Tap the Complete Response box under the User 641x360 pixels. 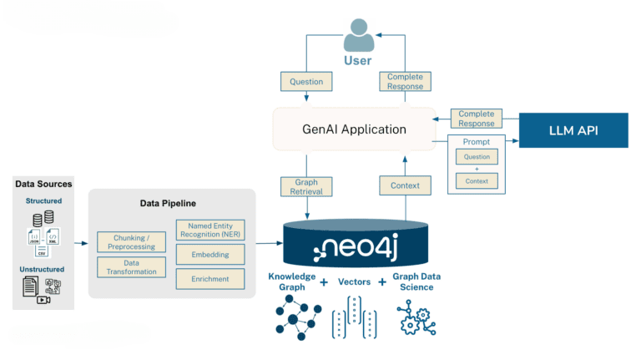(x=406, y=82)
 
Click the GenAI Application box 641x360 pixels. (x=354, y=129)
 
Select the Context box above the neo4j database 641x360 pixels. (x=405, y=185)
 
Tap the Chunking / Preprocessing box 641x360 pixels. (x=131, y=242)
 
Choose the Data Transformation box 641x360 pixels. (x=131, y=267)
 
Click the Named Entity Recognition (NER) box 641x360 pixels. (x=209, y=229)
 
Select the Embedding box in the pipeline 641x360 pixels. (x=209, y=254)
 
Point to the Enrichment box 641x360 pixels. (x=209, y=278)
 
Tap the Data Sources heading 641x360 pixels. (x=43, y=183)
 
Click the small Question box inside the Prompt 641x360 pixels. (x=477, y=156)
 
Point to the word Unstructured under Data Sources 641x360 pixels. (x=43, y=269)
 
